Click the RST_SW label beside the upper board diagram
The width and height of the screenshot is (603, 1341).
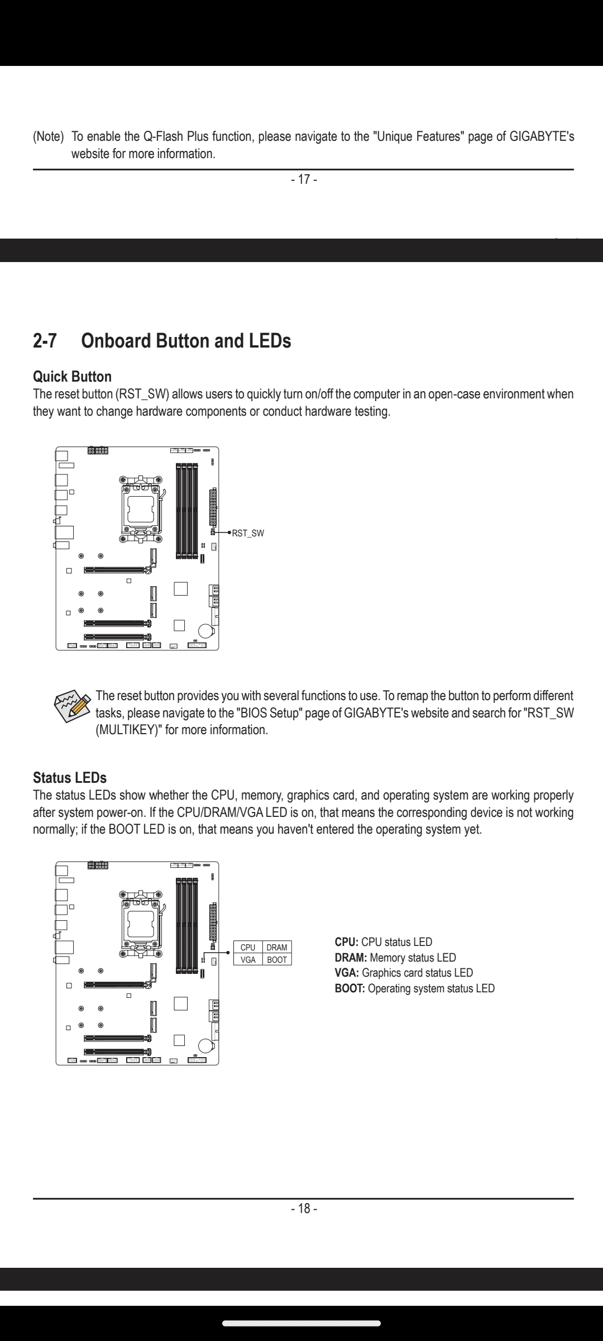[x=248, y=533]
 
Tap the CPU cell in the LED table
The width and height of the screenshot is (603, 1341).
[x=248, y=947]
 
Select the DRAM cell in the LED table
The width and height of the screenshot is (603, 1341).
[x=277, y=947]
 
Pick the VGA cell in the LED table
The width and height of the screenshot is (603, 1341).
[x=248, y=959]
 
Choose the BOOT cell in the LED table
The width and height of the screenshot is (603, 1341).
[x=277, y=959]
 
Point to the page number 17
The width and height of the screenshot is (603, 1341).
[x=304, y=179]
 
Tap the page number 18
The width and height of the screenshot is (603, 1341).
[x=304, y=1209]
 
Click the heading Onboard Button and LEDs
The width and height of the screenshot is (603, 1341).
[x=186, y=341]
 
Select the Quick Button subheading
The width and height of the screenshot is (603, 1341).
[x=72, y=377]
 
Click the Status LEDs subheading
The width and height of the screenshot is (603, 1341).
[x=70, y=778]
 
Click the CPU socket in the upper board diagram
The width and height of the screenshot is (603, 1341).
[x=142, y=508]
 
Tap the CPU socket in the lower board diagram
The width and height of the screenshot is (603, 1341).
[x=142, y=922]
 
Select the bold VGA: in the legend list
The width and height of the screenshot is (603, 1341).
[x=347, y=973]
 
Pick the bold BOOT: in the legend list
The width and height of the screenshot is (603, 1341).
[x=350, y=988]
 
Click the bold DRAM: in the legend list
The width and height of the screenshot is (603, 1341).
[x=351, y=958]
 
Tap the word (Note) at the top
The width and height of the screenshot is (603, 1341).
[x=49, y=136]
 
